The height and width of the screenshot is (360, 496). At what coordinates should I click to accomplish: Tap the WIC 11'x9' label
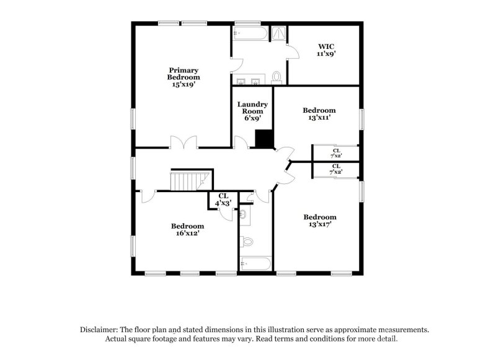click(327, 50)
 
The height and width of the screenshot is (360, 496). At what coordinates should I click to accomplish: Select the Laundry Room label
click(252, 111)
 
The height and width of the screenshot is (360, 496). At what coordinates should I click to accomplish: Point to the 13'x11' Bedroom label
click(319, 114)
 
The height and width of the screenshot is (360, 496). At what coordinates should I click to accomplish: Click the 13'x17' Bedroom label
click(320, 221)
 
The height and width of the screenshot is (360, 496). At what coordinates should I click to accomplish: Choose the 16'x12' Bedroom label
click(187, 230)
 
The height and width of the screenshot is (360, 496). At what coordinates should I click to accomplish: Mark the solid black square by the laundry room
click(265, 139)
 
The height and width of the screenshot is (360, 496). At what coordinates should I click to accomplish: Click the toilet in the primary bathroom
click(277, 77)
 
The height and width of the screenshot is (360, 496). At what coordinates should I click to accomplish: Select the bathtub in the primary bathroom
click(250, 33)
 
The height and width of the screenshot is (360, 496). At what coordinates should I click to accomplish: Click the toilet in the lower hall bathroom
click(247, 242)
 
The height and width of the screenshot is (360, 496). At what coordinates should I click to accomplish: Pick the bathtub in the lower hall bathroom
click(255, 265)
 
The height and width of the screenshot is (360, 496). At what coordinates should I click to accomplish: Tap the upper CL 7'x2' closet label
click(336, 153)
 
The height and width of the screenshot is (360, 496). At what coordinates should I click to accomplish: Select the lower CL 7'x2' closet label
click(336, 169)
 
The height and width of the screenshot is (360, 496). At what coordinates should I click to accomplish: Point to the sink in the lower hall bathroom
click(244, 215)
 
